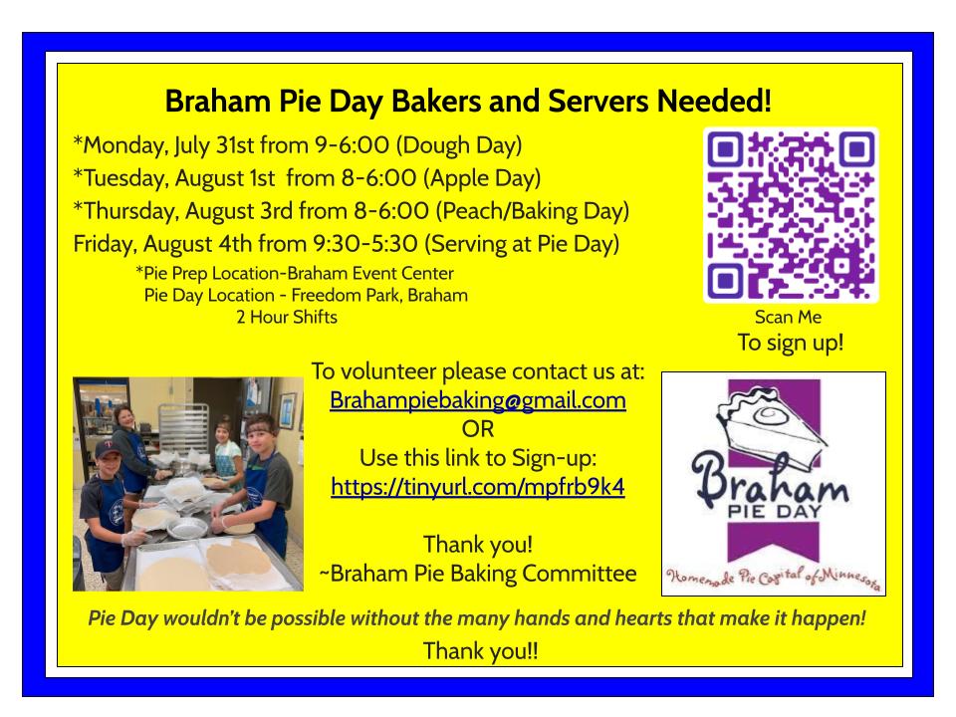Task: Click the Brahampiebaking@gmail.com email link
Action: (477, 400)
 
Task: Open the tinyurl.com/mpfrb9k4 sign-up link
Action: (477, 487)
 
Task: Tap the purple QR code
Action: (791, 215)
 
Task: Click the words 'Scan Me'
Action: (788, 317)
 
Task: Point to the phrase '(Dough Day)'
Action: (459, 145)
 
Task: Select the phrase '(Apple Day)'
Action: (482, 178)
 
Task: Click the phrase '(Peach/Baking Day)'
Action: (532, 211)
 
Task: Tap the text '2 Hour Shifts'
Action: (287, 317)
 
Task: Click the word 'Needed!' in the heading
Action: (714, 102)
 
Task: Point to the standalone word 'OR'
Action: (477, 429)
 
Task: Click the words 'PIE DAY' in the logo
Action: (775, 511)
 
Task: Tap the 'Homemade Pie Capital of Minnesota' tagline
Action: (773, 577)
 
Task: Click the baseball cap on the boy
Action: (108, 449)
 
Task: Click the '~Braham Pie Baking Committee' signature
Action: (477, 574)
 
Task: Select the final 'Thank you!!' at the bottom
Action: (480, 650)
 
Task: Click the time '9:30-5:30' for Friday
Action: (365, 244)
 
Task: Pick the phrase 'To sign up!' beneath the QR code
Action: (791, 343)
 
